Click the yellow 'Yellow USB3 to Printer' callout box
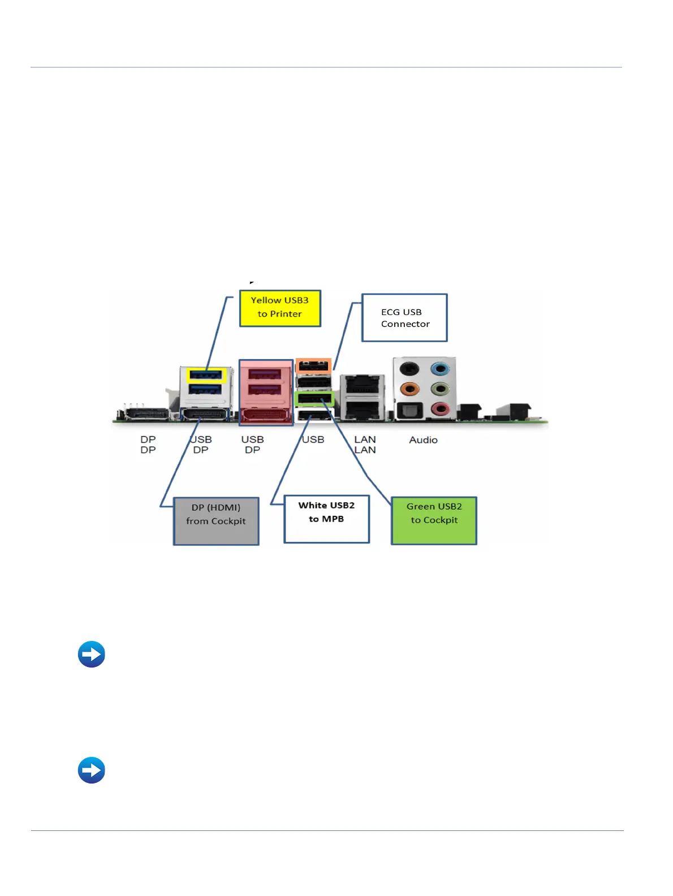pos(280,308)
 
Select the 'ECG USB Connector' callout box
pos(404,317)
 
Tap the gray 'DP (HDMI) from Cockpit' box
pos(216,521)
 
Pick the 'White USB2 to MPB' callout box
pos(326,519)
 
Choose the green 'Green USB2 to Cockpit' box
pos(434,520)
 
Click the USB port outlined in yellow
pos(206,375)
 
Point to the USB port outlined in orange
pos(313,366)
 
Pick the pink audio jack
pos(439,408)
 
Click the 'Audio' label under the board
pos(423,440)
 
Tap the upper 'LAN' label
pos(365,440)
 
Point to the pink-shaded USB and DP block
pos(265,392)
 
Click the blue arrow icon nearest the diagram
pos(92,654)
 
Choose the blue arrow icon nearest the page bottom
pos(92,770)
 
